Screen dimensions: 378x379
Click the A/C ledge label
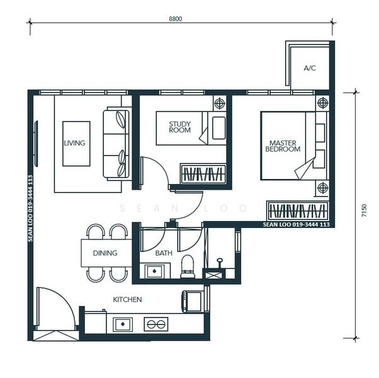coord(309,68)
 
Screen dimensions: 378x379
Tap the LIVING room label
coord(74,143)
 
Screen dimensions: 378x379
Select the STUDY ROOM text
coord(180,127)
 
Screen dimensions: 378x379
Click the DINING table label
coord(105,253)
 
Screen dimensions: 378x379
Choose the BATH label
coord(164,253)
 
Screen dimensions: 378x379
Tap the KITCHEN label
coord(127,300)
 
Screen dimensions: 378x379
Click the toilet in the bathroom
coord(188,267)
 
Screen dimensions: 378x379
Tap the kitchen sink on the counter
coord(123,324)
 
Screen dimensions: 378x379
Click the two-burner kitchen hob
coord(156,324)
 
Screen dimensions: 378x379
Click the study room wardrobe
coord(203,175)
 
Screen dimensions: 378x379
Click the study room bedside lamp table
coord(220,104)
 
